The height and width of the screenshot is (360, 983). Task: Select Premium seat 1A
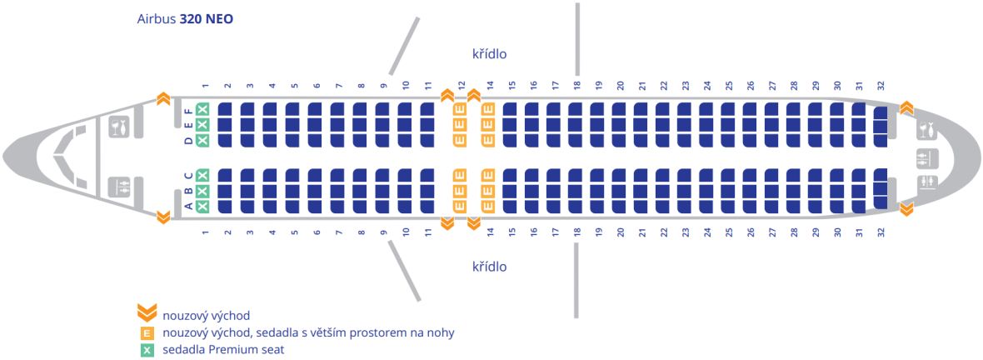tap(202, 206)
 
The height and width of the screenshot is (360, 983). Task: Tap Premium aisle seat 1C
tap(202, 176)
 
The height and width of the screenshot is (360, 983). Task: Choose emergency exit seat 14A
tap(488, 206)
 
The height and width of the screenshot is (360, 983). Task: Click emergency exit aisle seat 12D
tap(460, 140)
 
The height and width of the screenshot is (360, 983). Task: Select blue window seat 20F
tap(620, 109)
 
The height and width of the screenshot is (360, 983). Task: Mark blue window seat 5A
tap(292, 206)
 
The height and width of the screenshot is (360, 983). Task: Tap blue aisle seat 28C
tap(794, 176)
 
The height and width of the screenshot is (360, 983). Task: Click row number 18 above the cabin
tap(576, 85)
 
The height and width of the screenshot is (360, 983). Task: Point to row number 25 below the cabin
tap(728, 232)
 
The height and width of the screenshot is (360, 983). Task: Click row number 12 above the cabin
tap(462, 85)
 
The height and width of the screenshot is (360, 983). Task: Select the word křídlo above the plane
tap(490, 54)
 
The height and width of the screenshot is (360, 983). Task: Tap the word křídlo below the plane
tap(490, 267)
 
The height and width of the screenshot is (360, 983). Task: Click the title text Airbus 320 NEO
tap(185, 19)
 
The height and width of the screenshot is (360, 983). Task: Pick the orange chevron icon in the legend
tap(146, 313)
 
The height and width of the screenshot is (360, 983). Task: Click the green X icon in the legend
tap(147, 351)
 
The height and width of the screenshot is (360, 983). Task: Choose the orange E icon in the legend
tap(147, 333)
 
